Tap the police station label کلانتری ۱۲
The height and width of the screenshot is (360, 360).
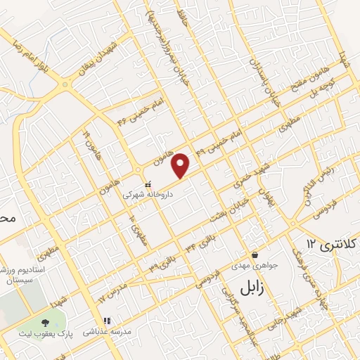(331, 243)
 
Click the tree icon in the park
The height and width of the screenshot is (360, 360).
(54, 323)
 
